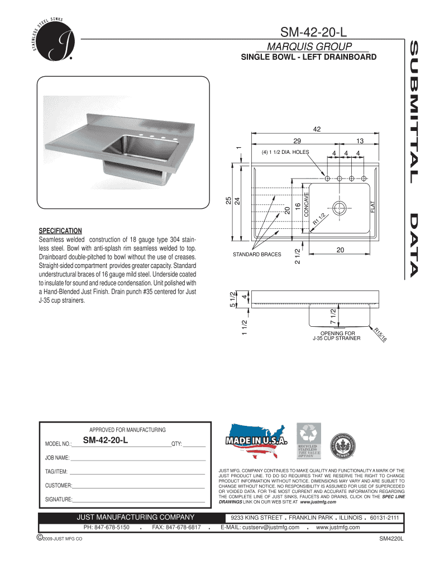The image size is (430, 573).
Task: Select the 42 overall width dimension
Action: pyautogui.click(x=317, y=129)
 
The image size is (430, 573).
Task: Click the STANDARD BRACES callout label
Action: pyautogui.click(x=257, y=255)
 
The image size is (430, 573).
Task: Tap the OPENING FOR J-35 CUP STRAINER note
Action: pyautogui.click(x=336, y=336)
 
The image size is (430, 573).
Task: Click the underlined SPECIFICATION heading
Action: pyautogui.click(x=60, y=231)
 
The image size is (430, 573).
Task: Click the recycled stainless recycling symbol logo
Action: pyautogui.click(x=308, y=439)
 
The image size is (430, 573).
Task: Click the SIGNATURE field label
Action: pyautogui.click(x=58, y=499)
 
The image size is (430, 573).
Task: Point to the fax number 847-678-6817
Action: pyautogui.click(x=176, y=527)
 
